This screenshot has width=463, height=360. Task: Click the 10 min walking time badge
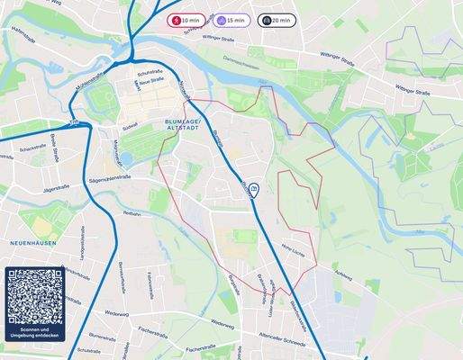coord(187,20)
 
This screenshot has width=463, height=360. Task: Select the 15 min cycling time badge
coord(231,20)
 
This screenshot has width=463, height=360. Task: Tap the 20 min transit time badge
coord(277,20)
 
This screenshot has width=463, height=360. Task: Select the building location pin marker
coord(255,189)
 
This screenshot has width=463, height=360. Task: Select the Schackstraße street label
coord(32,149)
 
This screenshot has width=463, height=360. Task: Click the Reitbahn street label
coord(132,215)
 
